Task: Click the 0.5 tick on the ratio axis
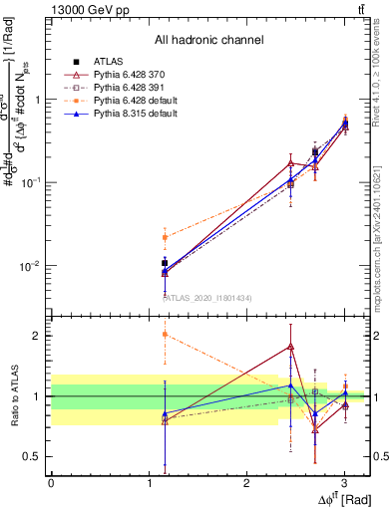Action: click(35, 456)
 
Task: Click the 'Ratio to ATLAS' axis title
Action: click(13, 395)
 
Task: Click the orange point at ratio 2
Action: click(164, 335)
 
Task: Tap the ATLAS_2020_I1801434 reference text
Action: click(208, 297)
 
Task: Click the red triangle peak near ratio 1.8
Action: click(290, 347)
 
